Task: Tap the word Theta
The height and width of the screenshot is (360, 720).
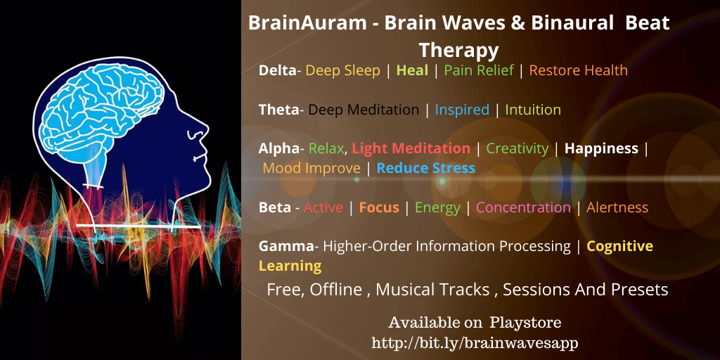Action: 278,110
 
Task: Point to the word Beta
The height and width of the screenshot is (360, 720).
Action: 275,207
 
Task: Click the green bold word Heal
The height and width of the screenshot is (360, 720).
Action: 412,70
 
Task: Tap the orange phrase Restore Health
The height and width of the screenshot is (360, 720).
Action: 578,70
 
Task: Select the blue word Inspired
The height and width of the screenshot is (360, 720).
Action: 462,110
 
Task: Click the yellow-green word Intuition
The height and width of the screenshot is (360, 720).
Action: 533,110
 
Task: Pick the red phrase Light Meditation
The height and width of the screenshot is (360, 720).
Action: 411,149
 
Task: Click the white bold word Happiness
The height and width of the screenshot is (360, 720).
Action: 601,149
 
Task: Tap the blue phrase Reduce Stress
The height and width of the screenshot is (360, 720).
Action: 426,168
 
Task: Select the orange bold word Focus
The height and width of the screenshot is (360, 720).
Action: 379,207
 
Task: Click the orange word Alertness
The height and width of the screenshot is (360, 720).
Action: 617,207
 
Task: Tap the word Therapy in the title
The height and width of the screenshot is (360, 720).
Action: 458,50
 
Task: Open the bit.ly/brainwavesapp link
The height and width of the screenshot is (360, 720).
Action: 475,342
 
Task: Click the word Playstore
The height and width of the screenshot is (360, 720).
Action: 525,322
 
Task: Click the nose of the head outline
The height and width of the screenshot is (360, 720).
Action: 203,130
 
